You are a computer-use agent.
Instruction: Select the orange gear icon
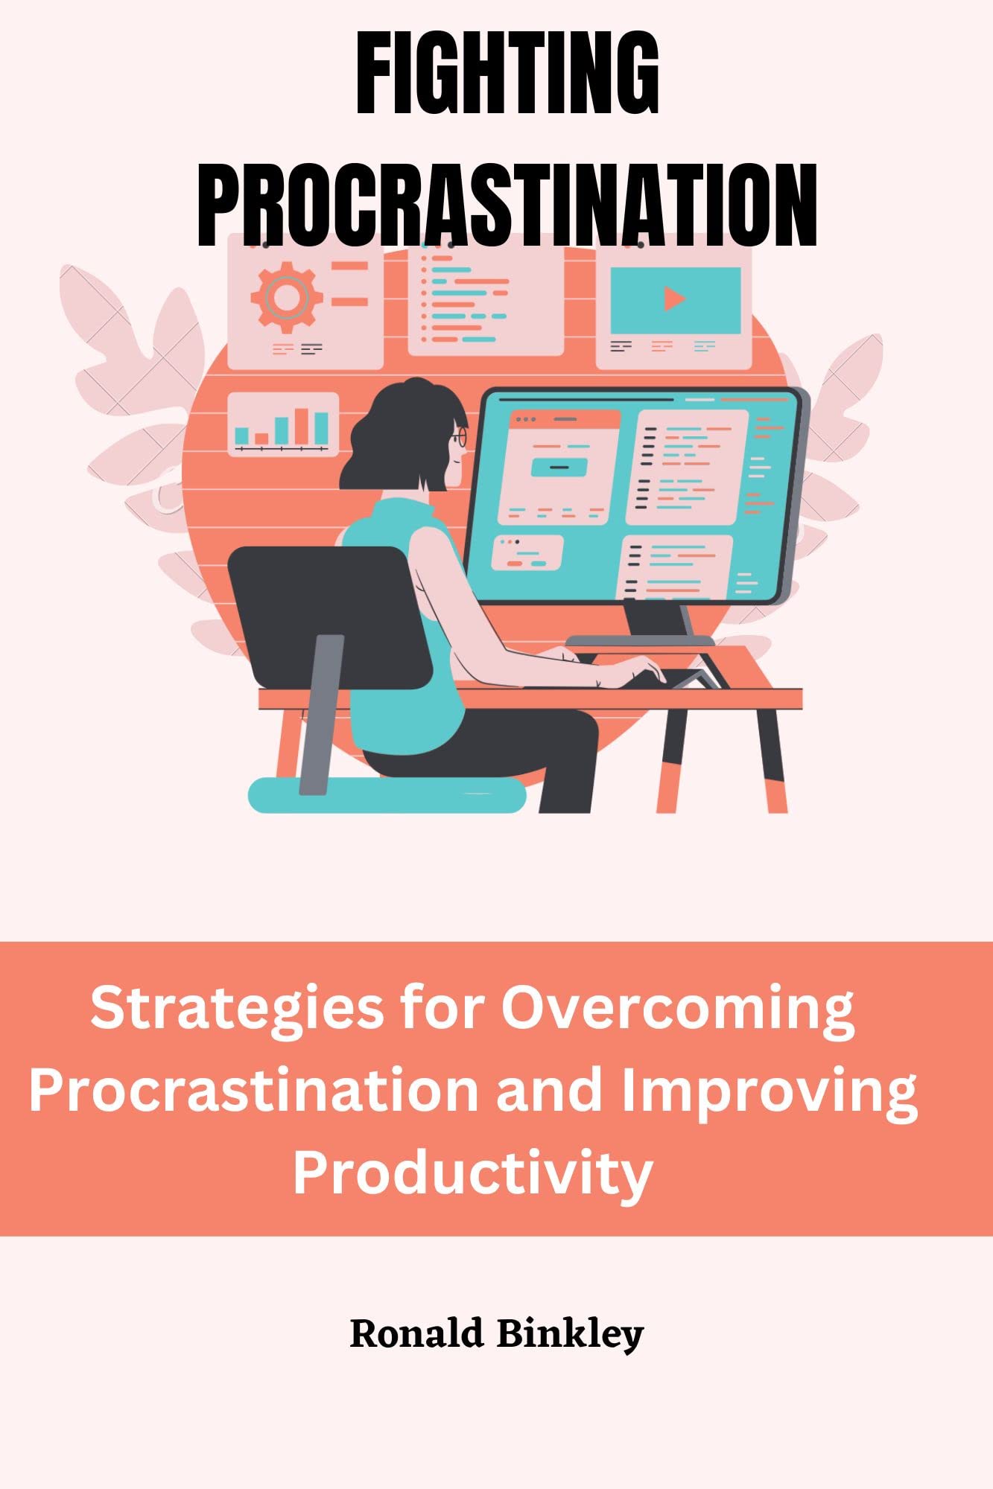(285, 297)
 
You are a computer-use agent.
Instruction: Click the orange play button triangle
(674, 299)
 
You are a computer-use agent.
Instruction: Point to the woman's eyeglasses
(460, 436)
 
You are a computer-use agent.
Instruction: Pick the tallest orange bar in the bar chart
(302, 425)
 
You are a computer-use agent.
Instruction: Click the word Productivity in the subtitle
(473, 1173)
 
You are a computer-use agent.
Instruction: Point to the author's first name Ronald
(416, 1334)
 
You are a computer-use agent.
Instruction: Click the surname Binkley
(570, 1334)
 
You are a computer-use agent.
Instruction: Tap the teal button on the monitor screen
(559, 468)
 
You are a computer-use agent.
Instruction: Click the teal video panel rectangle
(675, 300)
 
